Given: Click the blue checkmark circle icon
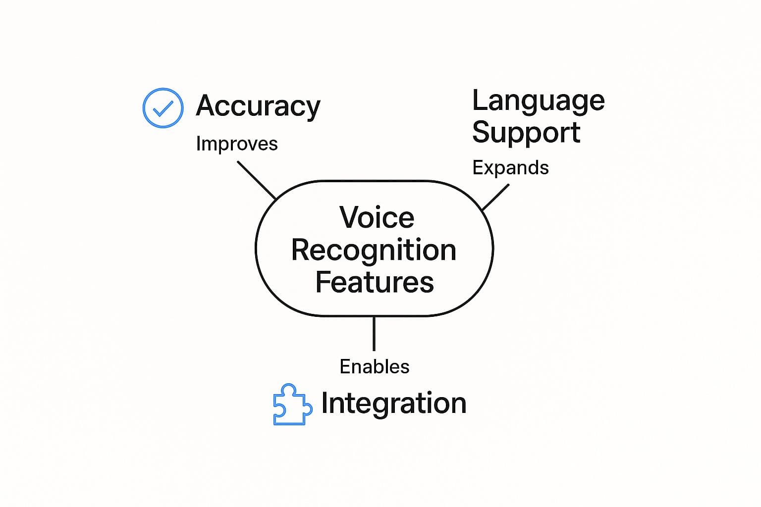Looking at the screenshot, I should [x=163, y=108].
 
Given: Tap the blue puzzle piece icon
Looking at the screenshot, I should [x=292, y=405].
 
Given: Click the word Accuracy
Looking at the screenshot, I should [x=258, y=106].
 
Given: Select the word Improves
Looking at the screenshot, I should [x=237, y=144].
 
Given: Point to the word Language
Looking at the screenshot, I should [x=538, y=101].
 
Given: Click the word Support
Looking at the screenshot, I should [x=526, y=133].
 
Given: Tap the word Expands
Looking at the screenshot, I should [x=510, y=168].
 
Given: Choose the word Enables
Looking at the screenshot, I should [x=375, y=367].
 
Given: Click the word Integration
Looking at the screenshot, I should [x=394, y=403].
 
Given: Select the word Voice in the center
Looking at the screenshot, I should [x=377, y=218].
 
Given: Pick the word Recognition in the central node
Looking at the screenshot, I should [x=374, y=250].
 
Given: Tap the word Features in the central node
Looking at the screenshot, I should [x=375, y=282].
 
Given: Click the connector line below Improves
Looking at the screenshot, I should [x=256, y=180].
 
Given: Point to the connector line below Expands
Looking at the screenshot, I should [x=495, y=198].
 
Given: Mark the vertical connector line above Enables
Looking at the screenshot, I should [x=374, y=333].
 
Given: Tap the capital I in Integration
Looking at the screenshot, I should [x=325, y=403].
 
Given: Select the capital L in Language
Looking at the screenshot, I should [x=480, y=101].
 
